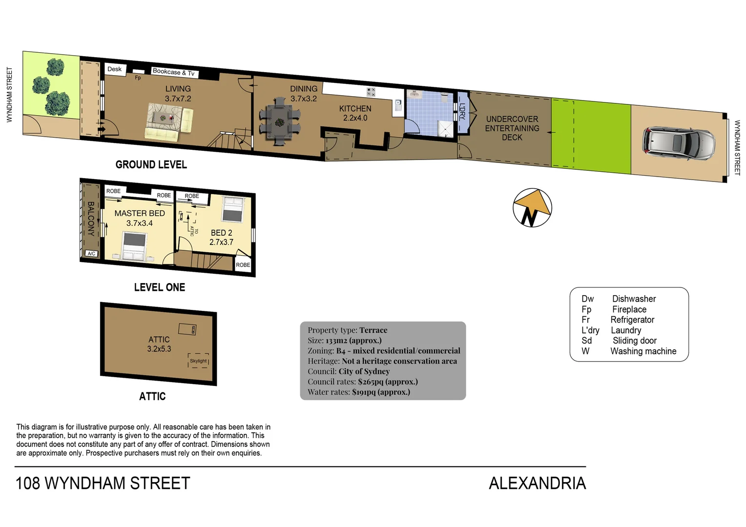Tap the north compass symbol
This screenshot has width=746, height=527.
532,208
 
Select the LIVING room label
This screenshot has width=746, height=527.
178,89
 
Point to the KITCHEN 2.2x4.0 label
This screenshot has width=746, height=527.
355,113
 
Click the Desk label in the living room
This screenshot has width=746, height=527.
115,69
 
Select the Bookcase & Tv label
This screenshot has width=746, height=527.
173,72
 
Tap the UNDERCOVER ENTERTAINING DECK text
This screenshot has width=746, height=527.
512,128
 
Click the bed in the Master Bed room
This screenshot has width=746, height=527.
134,246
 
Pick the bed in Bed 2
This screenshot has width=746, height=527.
233,209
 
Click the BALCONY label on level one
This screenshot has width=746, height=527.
91,219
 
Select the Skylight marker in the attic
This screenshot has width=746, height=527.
198,361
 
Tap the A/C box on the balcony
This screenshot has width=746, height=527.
91,254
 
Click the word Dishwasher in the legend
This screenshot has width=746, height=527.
634,299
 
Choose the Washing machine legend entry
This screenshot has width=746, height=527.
643,351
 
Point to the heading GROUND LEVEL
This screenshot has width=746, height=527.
151,165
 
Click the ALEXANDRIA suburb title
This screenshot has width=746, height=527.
537,483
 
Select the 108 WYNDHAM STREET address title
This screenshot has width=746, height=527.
103,483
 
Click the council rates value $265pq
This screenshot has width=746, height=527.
371,382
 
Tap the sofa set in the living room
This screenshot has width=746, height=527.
169,124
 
